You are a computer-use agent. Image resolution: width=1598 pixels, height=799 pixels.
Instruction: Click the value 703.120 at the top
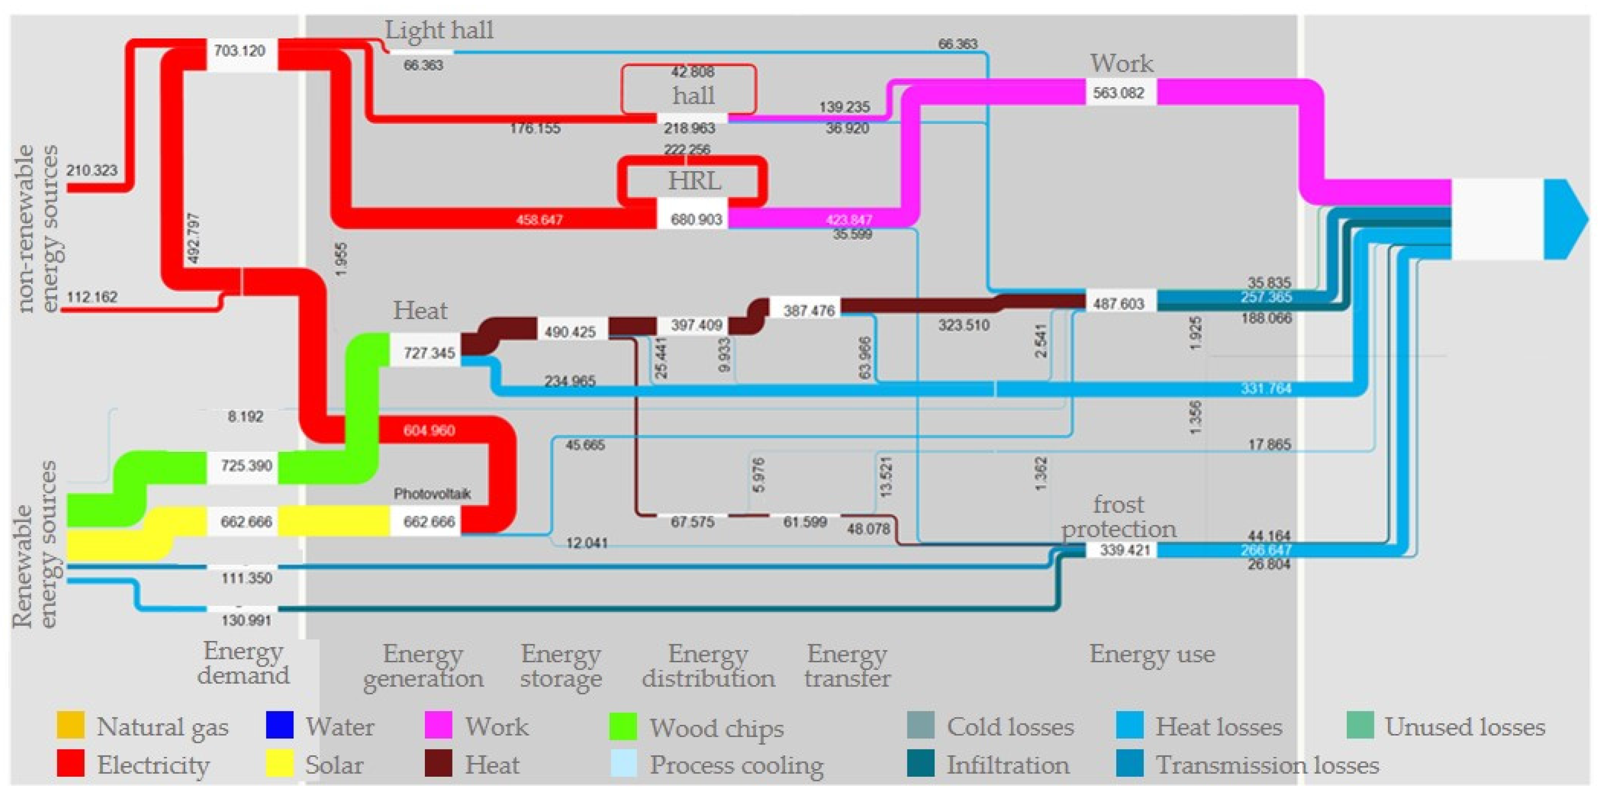pyautogui.click(x=240, y=51)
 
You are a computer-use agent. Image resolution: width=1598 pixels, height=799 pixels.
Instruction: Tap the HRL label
pyautogui.click(x=694, y=181)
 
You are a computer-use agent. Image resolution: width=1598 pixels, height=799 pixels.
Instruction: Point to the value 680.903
pyautogui.click(x=696, y=220)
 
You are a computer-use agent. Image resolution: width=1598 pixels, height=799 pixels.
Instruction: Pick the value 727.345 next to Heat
pyautogui.click(x=429, y=353)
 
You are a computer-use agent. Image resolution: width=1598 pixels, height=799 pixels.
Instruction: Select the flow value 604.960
pyautogui.click(x=429, y=431)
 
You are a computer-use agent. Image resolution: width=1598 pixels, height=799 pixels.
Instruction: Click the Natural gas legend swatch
pyautogui.click(x=70, y=725)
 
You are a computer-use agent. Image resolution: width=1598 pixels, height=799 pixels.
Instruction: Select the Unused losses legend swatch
pyautogui.click(x=1360, y=725)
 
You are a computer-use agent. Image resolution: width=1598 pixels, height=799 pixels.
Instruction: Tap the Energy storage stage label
pyautogui.click(x=560, y=666)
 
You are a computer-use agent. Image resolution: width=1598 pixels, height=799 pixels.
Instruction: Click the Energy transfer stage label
pyautogui.click(x=847, y=666)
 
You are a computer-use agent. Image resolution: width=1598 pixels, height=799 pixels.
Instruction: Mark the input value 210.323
pyautogui.click(x=92, y=171)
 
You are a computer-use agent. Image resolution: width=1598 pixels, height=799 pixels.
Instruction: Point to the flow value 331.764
pyautogui.click(x=1265, y=389)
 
